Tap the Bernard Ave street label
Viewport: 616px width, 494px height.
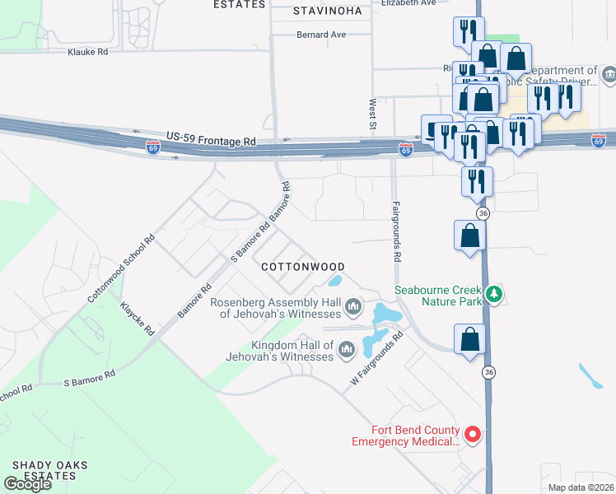pos(322,35)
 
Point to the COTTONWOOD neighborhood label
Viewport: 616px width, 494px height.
pos(302,267)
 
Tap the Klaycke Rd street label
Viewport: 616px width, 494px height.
pos(137,318)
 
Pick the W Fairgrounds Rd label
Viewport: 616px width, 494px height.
pos(375,360)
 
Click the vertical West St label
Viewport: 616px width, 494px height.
pos(372,114)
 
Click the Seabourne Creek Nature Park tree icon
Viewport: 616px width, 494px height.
pos(494,294)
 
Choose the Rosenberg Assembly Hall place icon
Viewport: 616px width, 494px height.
pos(354,308)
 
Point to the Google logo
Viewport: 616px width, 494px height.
pos(27,484)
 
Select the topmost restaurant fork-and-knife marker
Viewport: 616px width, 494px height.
pos(468,32)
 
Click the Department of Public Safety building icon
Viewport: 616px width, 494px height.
pos(609,77)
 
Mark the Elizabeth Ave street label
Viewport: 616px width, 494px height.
pos(408,3)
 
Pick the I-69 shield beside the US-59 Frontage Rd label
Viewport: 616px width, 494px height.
pos(153,147)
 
